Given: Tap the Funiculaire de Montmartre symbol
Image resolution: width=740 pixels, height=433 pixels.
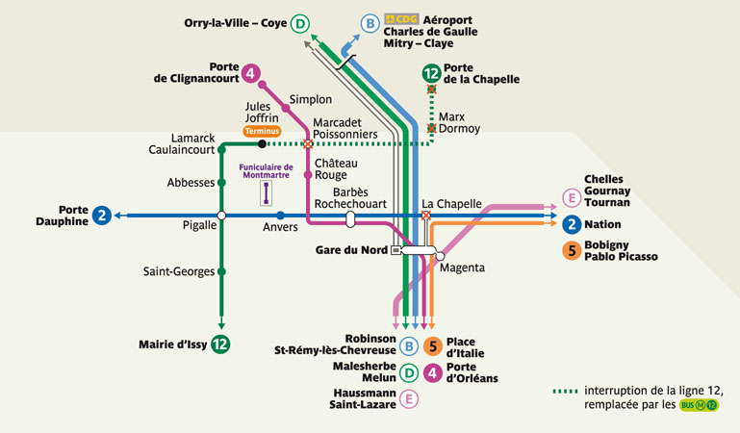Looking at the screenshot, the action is (266, 193).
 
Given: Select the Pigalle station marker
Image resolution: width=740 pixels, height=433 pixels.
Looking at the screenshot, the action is (221, 216).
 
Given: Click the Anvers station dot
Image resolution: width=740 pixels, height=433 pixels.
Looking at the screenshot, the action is (280, 216).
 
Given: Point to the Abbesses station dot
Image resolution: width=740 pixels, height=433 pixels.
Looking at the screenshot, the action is (221, 182).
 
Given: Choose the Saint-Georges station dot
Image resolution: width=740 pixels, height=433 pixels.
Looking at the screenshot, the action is (221, 271).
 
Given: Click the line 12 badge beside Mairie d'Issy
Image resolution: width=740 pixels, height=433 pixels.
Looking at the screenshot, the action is (221, 344).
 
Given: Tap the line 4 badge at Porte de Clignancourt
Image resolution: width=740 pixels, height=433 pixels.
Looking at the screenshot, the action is (250, 73).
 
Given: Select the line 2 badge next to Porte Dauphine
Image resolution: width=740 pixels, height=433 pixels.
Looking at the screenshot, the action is (101, 216).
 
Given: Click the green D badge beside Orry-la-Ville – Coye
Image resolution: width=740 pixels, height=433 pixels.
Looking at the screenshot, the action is (301, 24).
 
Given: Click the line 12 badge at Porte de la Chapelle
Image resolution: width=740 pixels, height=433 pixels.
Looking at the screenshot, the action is (431, 73).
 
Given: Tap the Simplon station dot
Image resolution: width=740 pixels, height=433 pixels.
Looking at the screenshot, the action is (286, 108).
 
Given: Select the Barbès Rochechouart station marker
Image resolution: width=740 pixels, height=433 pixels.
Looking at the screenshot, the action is (350, 219).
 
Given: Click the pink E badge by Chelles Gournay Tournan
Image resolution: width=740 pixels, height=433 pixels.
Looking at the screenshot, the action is (572, 198).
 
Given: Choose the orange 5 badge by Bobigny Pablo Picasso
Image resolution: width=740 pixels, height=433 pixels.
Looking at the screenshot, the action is (572, 250).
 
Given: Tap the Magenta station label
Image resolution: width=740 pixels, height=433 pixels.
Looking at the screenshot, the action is (462, 267).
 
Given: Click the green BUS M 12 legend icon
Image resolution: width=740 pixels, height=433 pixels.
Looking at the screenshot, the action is (699, 405).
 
